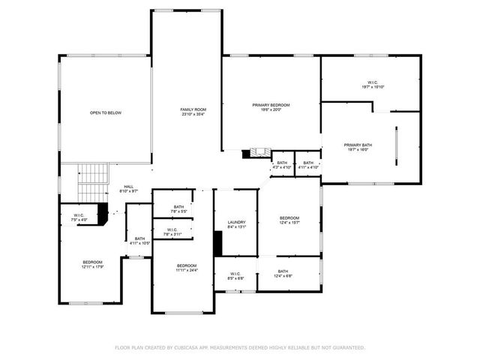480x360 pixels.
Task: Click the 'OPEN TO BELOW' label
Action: [x=106, y=112]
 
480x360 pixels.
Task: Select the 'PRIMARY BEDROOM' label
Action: [x=271, y=105]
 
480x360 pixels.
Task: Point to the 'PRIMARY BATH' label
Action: [x=358, y=145]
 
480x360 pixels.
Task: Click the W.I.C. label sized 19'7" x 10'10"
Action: [x=373, y=82]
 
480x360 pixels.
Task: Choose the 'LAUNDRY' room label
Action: [x=237, y=223]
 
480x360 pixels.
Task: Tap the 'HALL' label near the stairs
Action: [x=129, y=187]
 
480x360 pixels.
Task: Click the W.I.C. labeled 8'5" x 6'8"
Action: [x=235, y=274]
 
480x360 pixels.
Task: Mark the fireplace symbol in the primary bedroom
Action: [x=261, y=153]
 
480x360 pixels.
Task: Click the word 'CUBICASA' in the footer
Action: [x=194, y=347]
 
